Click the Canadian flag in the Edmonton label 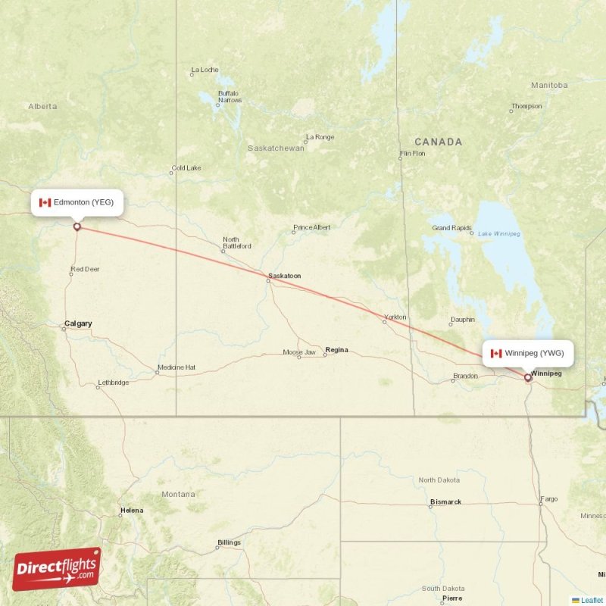pyautogui.click(x=45, y=202)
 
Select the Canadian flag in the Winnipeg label pyautogui.click(x=496, y=353)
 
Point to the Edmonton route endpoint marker pyautogui.click(x=77, y=226)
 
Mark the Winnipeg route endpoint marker pyautogui.click(x=528, y=376)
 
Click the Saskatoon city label pyautogui.click(x=285, y=276)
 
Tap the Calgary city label pyautogui.click(x=78, y=323)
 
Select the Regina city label pyautogui.click(x=336, y=350)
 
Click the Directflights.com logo pyautogui.click(x=57, y=569)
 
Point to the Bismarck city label pyautogui.click(x=445, y=501)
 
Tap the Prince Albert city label pyautogui.click(x=311, y=227)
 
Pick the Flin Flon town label pyautogui.click(x=412, y=154)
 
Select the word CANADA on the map pyautogui.click(x=438, y=142)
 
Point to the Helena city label pyautogui.click(x=131, y=511)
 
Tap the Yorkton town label pyautogui.click(x=395, y=317)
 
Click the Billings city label pyautogui.click(x=229, y=542)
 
